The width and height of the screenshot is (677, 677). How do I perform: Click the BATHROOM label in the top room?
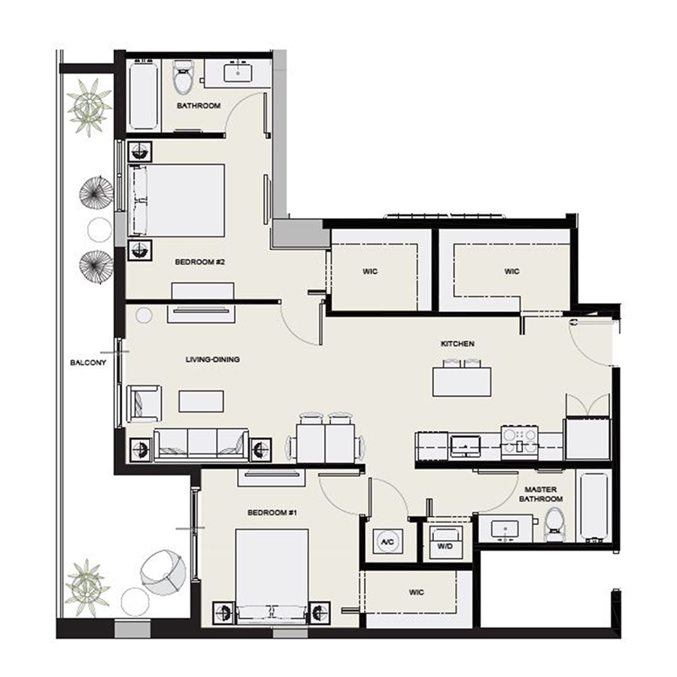pyautogui.click(x=199, y=106)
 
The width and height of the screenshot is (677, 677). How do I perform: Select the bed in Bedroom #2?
pyautogui.click(x=178, y=199)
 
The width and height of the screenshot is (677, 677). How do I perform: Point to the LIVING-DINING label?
pyautogui.click(x=212, y=360)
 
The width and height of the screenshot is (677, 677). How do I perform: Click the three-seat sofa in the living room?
pyautogui.click(x=201, y=444)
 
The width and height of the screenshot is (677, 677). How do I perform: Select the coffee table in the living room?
pyautogui.click(x=201, y=400)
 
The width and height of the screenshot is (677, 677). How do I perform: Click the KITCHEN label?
pyautogui.click(x=457, y=344)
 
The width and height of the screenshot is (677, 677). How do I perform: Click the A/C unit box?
pyautogui.click(x=388, y=541)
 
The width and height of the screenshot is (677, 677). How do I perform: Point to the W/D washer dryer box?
pyautogui.click(x=444, y=541)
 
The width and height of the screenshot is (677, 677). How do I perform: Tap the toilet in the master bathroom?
pyautogui.click(x=555, y=524)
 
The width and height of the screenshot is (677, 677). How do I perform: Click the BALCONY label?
pyautogui.click(x=87, y=362)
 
